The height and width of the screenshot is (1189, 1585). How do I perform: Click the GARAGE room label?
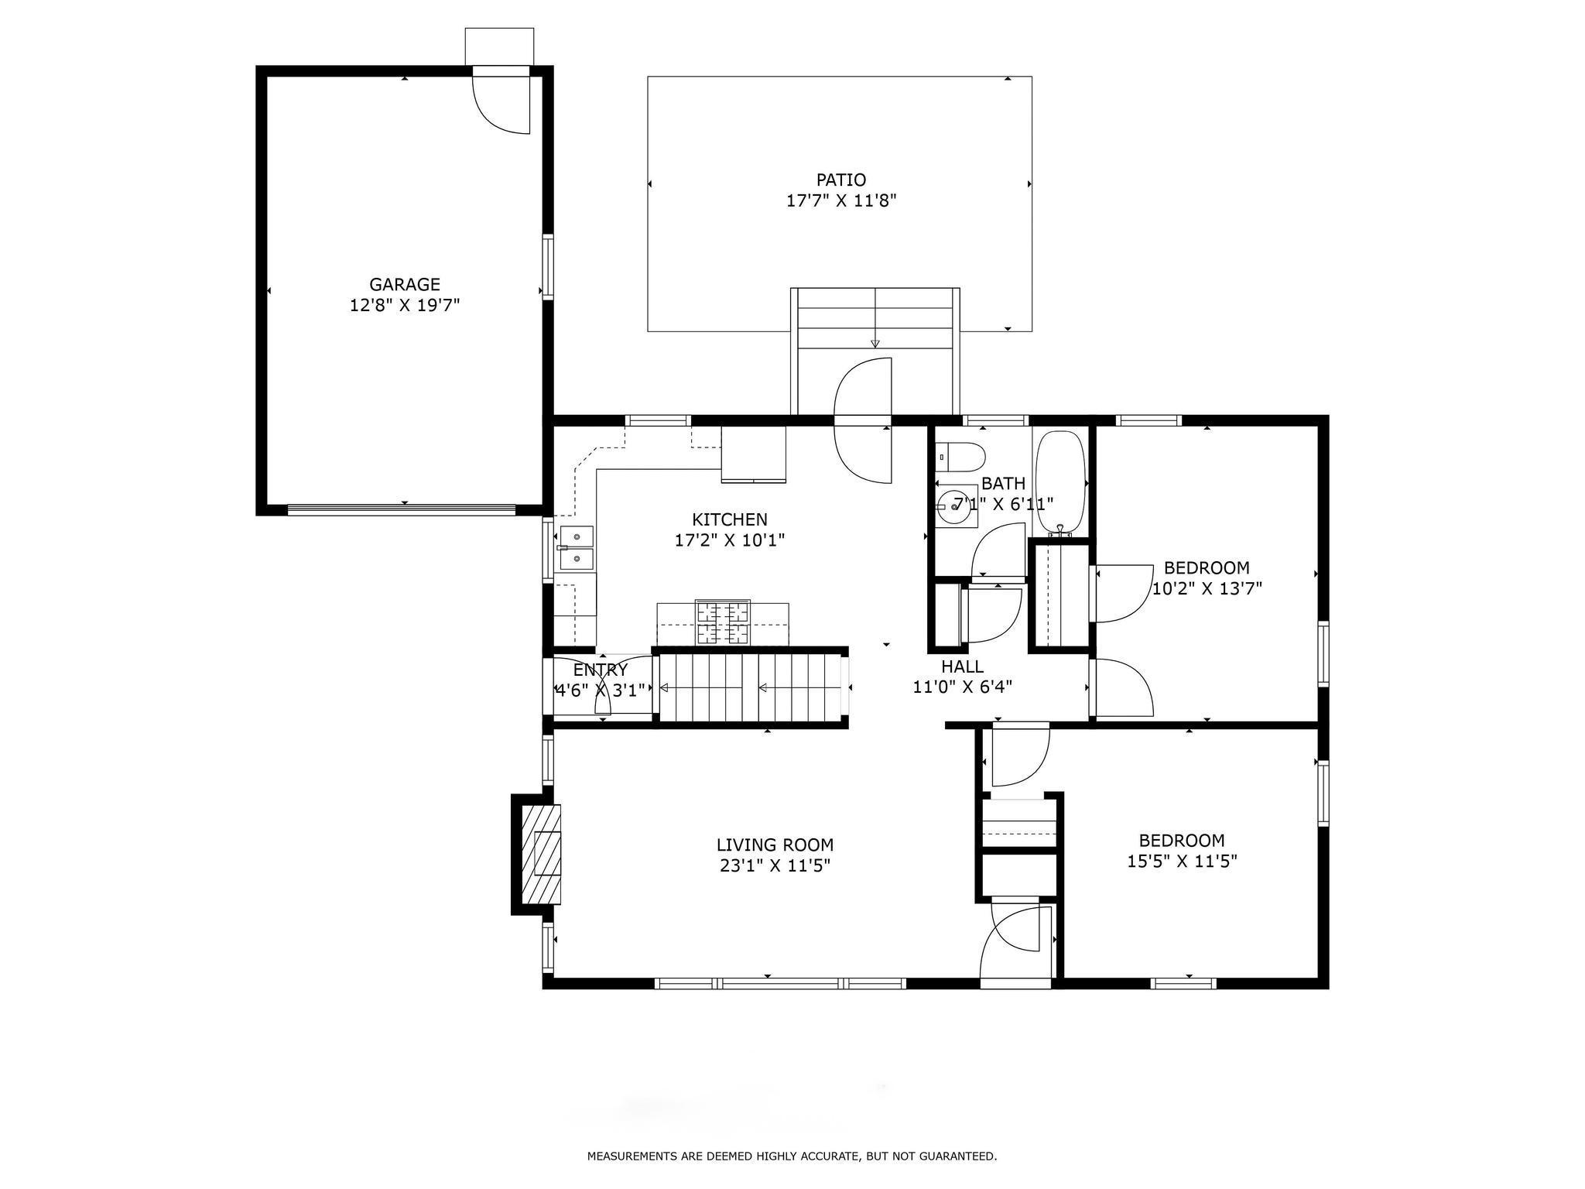coord(404,284)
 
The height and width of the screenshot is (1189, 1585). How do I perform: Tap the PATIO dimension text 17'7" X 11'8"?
coord(841,201)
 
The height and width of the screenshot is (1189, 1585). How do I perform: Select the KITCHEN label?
coord(729,519)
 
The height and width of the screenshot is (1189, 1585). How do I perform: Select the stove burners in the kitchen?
coord(723,622)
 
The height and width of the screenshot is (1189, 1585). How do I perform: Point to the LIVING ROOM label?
coord(775,845)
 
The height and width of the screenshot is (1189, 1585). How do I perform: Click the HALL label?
coord(963,666)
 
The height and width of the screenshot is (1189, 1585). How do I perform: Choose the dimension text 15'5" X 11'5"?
coord(1182,861)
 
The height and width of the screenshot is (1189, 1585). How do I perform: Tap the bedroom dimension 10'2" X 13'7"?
coord(1207,588)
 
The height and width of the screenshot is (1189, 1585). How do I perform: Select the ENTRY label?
coord(600,670)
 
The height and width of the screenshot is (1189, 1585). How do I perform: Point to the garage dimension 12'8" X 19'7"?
coord(404,306)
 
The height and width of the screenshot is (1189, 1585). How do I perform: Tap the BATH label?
coord(1003,484)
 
